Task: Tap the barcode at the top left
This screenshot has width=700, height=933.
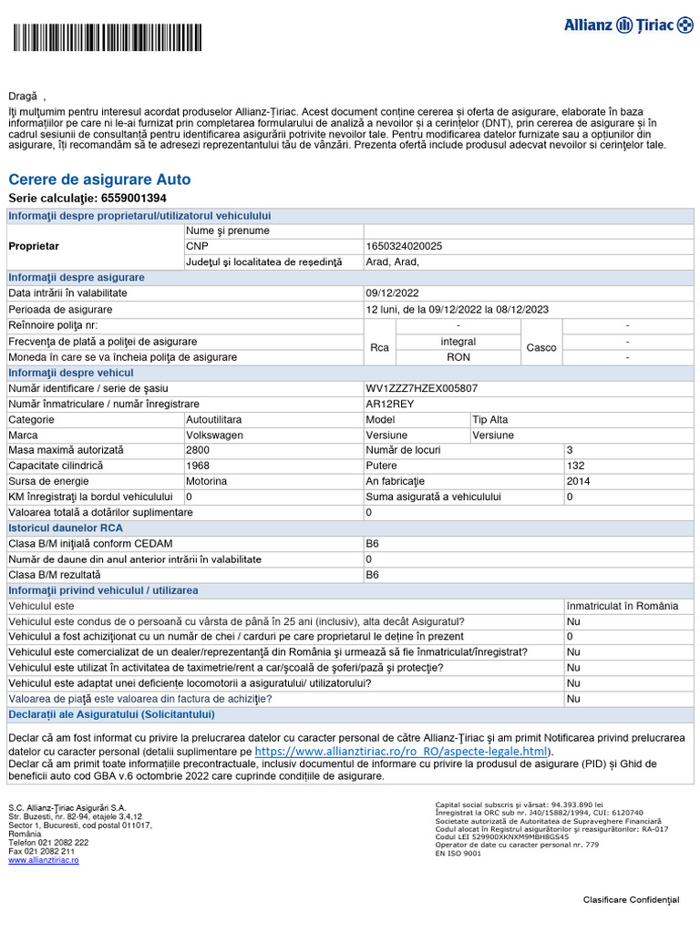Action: [108, 38]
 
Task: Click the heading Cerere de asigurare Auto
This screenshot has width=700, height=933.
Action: [99, 179]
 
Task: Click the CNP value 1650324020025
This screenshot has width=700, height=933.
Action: [404, 246]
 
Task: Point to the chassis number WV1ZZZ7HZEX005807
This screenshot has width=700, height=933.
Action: [421, 388]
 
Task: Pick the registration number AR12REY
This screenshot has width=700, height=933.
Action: [390, 404]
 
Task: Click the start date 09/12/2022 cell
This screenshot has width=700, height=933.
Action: [392, 293]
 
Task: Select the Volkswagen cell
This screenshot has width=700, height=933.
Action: [214, 435]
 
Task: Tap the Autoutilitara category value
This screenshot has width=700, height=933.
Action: [214, 419]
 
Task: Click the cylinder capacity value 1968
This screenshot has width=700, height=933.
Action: [198, 466]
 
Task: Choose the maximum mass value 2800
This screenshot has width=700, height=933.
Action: [198, 450]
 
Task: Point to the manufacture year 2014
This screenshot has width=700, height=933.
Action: [578, 481]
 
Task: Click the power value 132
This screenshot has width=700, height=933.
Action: [575, 466]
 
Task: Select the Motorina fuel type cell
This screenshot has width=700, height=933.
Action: [207, 481]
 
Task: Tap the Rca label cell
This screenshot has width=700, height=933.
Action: [380, 348]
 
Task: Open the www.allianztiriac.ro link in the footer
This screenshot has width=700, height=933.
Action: [44, 860]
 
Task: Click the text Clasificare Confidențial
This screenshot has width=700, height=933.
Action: [631, 900]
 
